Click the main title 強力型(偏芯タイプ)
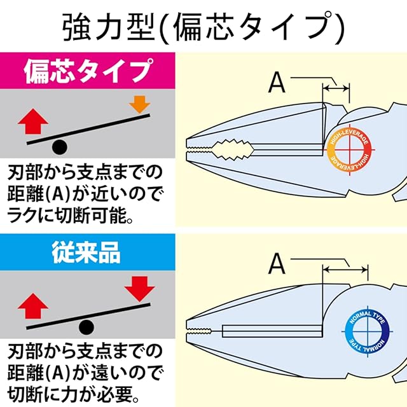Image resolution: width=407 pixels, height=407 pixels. click(203, 26)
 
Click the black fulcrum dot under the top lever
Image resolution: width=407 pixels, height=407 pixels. click(59, 148)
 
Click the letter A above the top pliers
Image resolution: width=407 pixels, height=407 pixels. click(278, 82)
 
